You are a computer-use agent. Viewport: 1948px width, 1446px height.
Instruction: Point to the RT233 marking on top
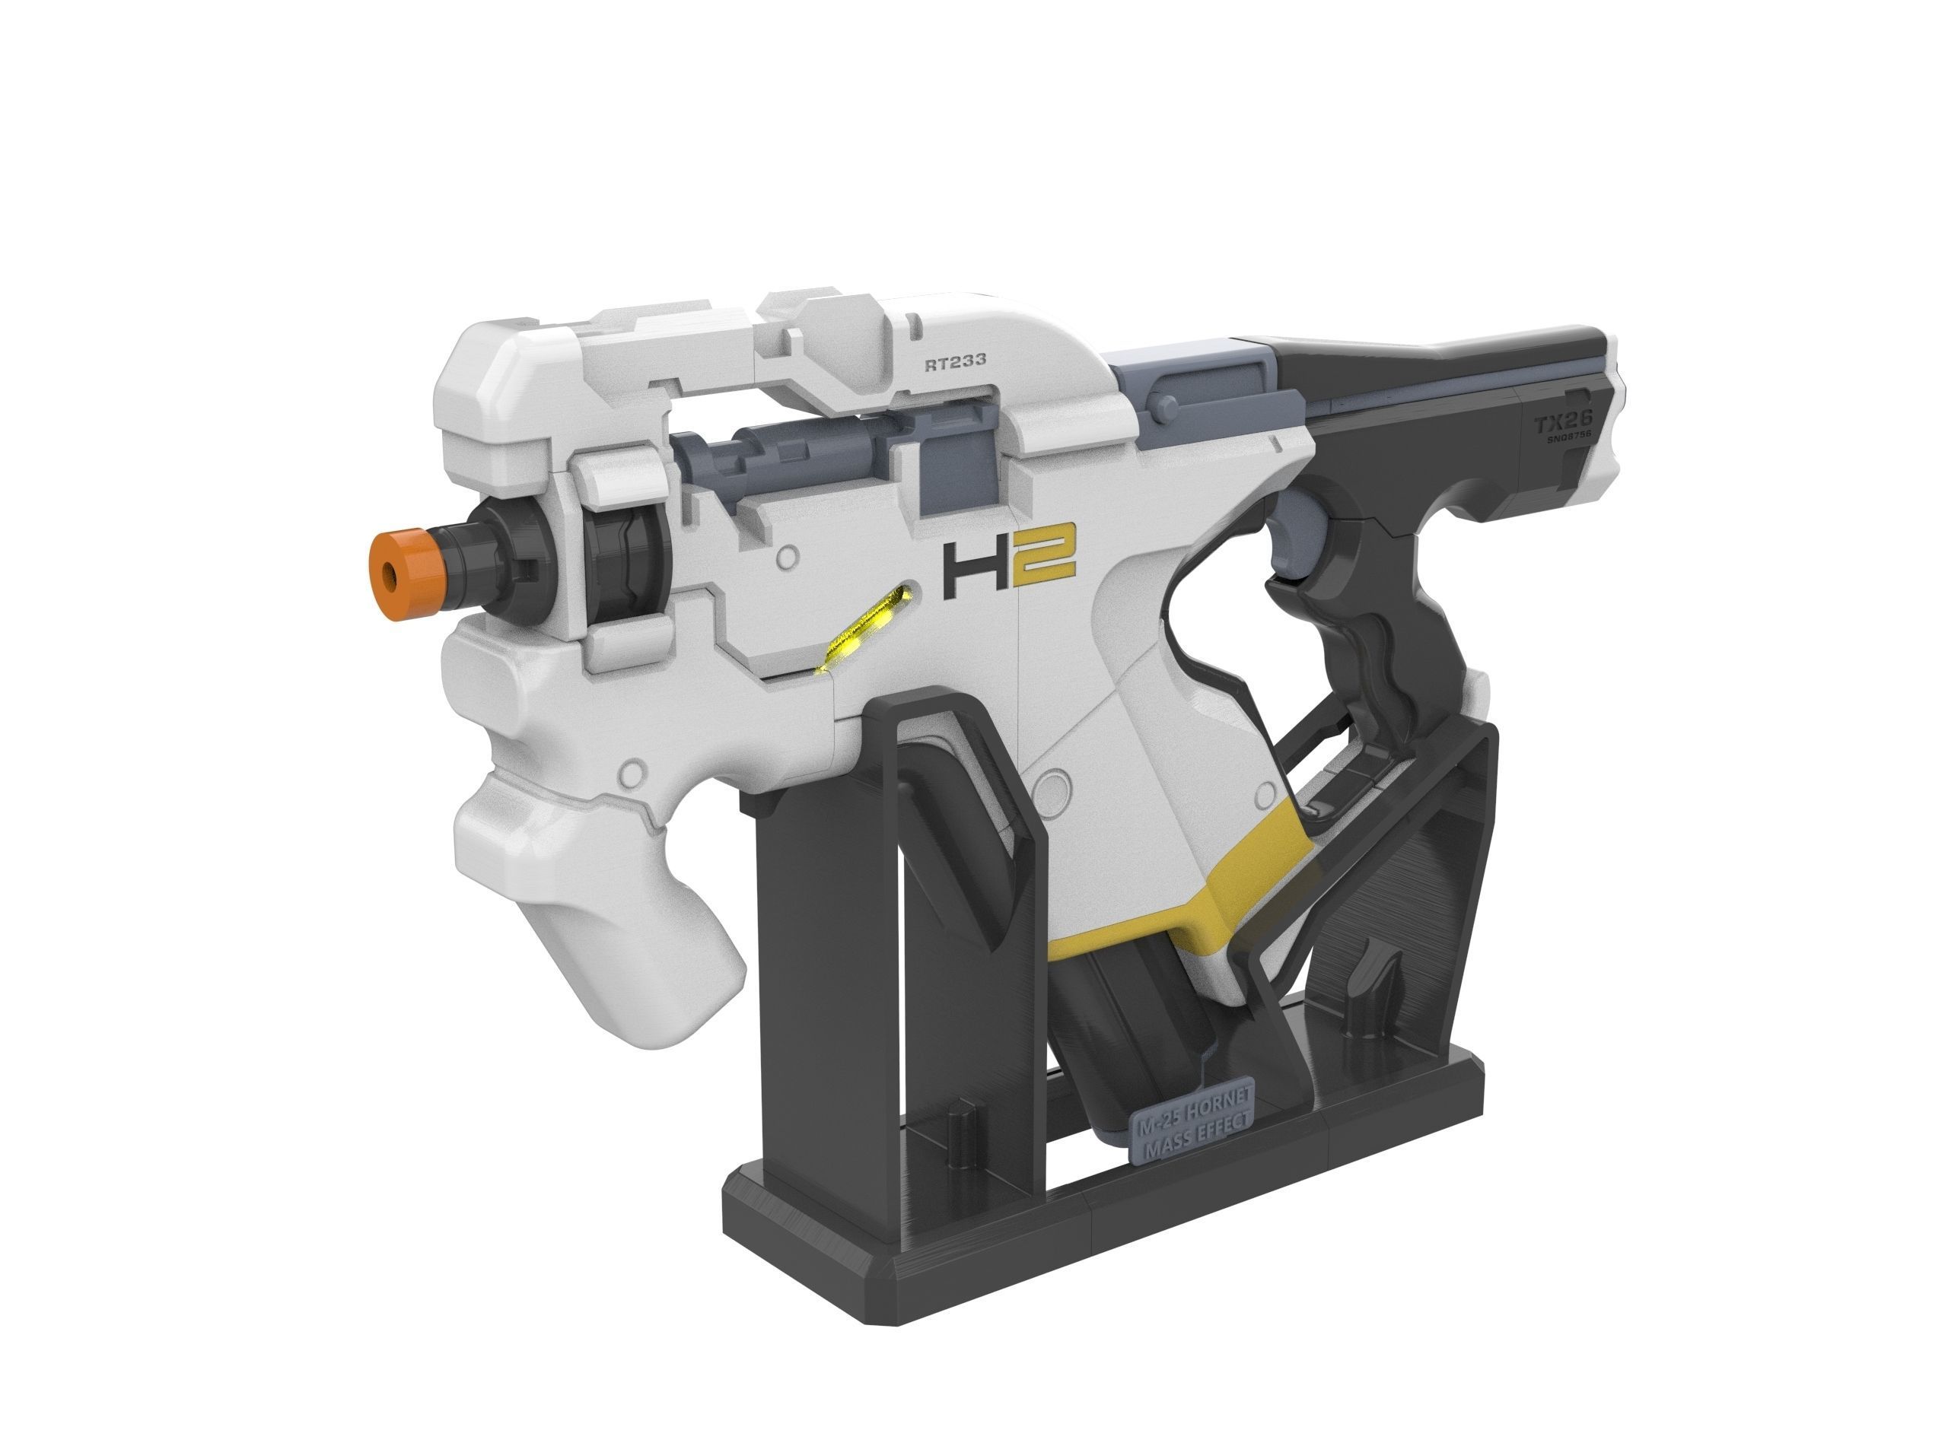(x=955, y=360)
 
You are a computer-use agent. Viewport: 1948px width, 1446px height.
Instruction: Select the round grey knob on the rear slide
(x=1163, y=405)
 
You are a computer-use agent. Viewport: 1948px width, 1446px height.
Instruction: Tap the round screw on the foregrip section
(x=629, y=773)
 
